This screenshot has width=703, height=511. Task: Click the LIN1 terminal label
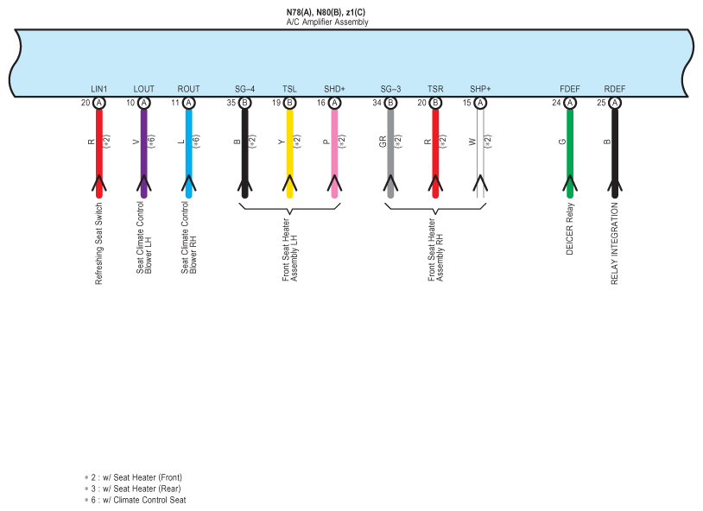pyautogui.click(x=98, y=89)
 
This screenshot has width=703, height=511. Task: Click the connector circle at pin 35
pyautogui.click(x=244, y=103)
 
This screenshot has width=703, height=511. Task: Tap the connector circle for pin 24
pyautogui.click(x=570, y=103)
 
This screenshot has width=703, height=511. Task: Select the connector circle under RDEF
pyautogui.click(x=615, y=103)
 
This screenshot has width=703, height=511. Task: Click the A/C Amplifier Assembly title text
pyautogui.click(x=327, y=22)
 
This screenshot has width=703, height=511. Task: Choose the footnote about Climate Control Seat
pyautogui.click(x=137, y=500)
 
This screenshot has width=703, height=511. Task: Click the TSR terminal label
pyautogui.click(x=435, y=89)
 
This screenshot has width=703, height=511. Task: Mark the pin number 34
pyautogui.click(x=377, y=103)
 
